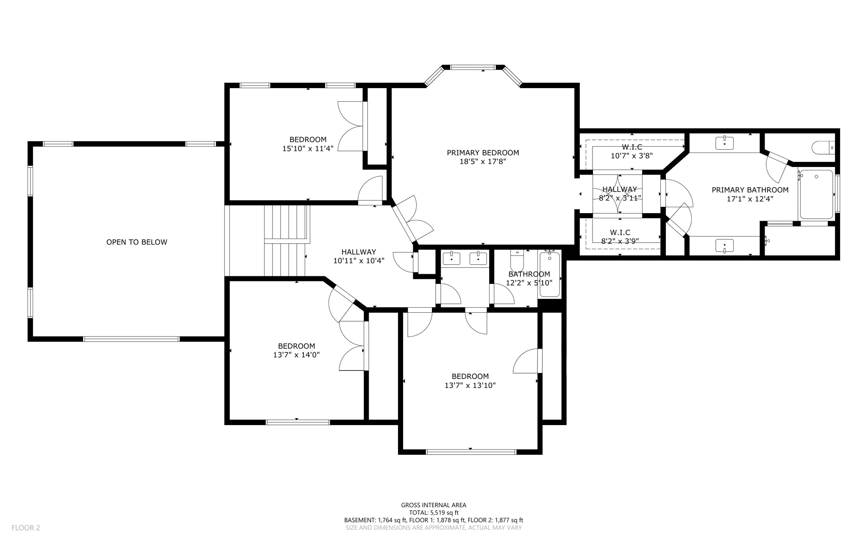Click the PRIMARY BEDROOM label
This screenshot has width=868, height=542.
pyautogui.click(x=483, y=153)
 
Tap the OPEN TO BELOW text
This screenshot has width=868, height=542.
pyautogui.click(x=136, y=242)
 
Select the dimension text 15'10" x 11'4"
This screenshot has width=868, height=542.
pyautogui.click(x=308, y=148)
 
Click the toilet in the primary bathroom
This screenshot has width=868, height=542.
pyautogui.click(x=822, y=147)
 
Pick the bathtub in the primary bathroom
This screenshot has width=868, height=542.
pyautogui.click(x=816, y=195)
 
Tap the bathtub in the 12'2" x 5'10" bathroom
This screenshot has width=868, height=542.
pyautogui.click(x=550, y=275)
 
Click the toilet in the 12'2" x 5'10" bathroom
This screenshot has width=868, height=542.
pyautogui.click(x=517, y=261)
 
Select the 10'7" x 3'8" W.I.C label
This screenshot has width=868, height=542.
pyautogui.click(x=632, y=151)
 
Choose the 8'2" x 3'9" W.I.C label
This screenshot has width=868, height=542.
pyautogui.click(x=620, y=237)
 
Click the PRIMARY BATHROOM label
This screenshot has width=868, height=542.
pyautogui.click(x=750, y=190)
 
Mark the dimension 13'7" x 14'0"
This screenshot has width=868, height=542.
pyautogui.click(x=296, y=355)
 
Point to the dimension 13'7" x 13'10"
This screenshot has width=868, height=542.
pyautogui.click(x=470, y=386)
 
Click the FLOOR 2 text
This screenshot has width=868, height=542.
pyautogui.click(x=25, y=528)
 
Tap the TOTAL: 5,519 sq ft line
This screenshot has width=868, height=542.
pyautogui.click(x=434, y=512)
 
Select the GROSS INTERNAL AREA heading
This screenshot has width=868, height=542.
pyautogui.click(x=434, y=505)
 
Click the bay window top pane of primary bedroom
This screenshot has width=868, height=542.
pyautogui.click(x=472, y=67)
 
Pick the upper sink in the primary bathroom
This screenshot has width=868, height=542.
pyautogui.click(x=724, y=143)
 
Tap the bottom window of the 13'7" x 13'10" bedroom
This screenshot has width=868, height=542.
pyautogui.click(x=471, y=452)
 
